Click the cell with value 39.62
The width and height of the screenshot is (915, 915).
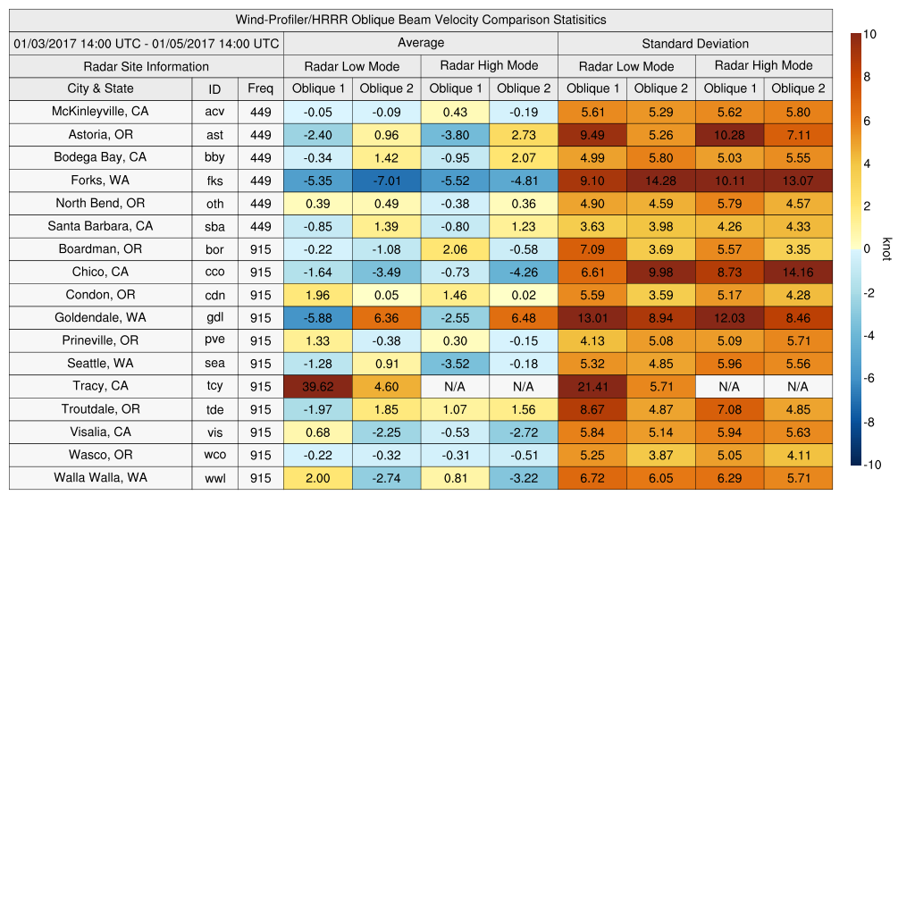pyautogui.click(x=317, y=386)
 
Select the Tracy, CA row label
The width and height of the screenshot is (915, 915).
pyautogui.click(x=100, y=386)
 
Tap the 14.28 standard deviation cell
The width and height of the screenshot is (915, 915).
pyautogui.click(x=660, y=180)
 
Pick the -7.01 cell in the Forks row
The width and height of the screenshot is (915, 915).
pyautogui.click(x=386, y=180)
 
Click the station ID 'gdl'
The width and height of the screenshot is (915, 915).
pyautogui.click(x=214, y=318)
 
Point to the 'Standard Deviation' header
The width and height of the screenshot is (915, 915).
pyautogui.click(x=695, y=43)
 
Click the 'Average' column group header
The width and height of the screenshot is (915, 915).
pyautogui.click(x=420, y=43)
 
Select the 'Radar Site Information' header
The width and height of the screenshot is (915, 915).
pyautogui.click(x=146, y=66)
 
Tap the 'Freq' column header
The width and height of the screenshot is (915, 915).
pyautogui.click(x=261, y=88)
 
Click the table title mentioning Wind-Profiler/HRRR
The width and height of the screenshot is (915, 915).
pyautogui.click(x=420, y=20)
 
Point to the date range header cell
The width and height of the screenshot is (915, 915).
pyautogui.click(x=146, y=43)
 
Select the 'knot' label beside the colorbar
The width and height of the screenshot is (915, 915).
pyautogui.click(x=886, y=248)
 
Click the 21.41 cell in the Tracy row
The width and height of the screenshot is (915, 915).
pyautogui.click(x=592, y=386)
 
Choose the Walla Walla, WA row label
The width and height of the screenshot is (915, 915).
pyautogui.click(x=100, y=478)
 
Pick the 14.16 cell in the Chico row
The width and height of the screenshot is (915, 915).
pyautogui.click(x=798, y=272)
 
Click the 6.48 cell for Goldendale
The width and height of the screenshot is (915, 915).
pyautogui.click(x=523, y=318)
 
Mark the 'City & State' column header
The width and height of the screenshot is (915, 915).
pyautogui.click(x=100, y=88)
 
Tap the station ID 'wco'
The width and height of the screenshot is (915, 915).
pyautogui.click(x=214, y=455)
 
